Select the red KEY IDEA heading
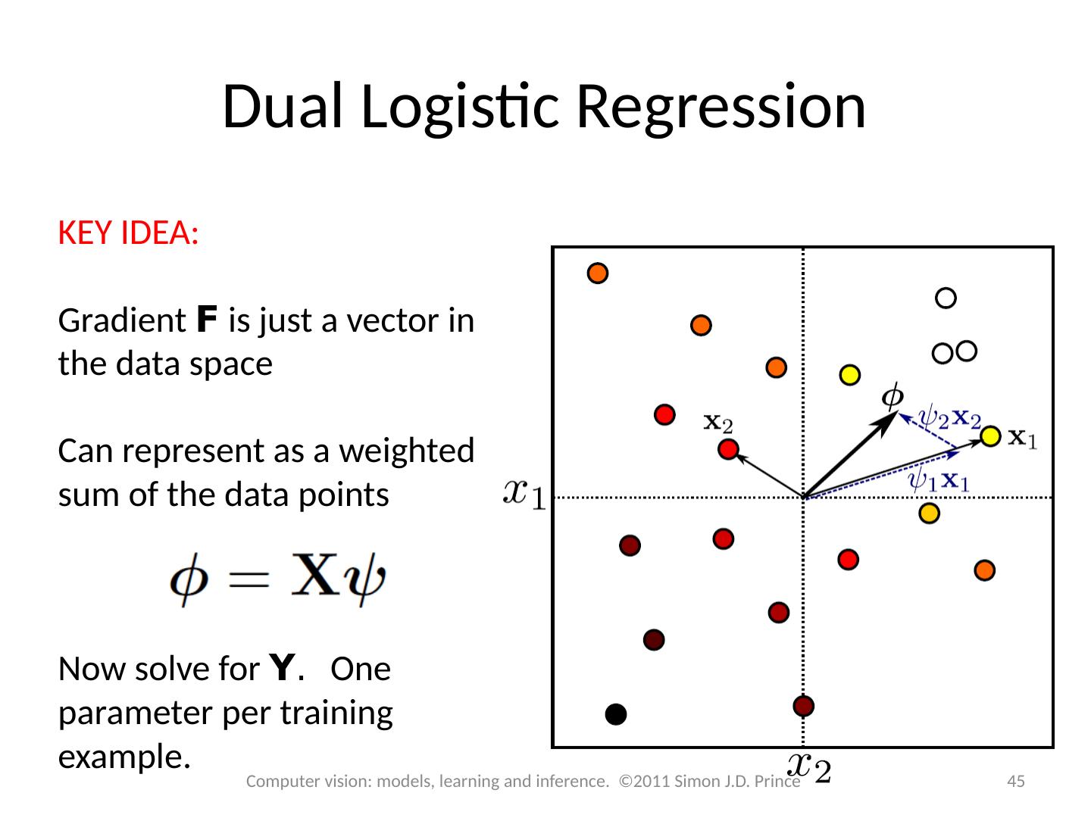tap(128, 233)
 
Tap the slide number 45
tap(1015, 781)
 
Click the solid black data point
tap(616, 714)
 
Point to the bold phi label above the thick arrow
tap(893, 396)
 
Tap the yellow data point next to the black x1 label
tap(990, 436)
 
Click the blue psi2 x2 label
tap(949, 417)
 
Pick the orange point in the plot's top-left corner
tap(598, 273)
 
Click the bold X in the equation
tap(313, 581)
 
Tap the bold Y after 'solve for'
tap(283, 669)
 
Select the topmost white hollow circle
tap(946, 298)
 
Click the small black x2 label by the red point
tap(718, 422)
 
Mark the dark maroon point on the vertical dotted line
tap(803, 706)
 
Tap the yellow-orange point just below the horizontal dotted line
tap(929, 514)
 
